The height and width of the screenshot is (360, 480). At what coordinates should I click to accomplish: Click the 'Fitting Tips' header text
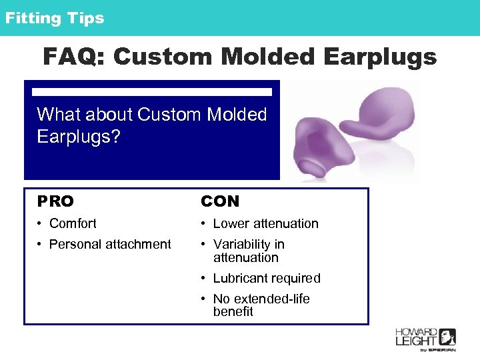(x=55, y=18)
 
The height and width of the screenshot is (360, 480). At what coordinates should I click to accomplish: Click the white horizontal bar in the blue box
(x=152, y=91)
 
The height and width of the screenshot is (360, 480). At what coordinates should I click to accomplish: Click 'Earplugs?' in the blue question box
(x=79, y=137)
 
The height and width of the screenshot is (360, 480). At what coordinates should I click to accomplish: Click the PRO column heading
(x=56, y=201)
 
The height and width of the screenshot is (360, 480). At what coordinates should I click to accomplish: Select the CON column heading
(x=220, y=201)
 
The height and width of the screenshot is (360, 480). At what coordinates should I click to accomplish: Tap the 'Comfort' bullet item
(x=73, y=223)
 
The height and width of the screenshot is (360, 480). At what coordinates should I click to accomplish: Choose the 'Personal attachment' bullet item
(x=110, y=244)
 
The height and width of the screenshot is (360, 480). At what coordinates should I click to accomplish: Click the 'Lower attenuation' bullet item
(x=265, y=223)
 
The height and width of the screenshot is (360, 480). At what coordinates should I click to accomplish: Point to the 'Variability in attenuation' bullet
(x=249, y=251)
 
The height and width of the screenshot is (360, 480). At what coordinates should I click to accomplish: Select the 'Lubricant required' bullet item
(x=267, y=278)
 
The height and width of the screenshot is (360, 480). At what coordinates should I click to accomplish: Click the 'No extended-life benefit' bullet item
(x=261, y=305)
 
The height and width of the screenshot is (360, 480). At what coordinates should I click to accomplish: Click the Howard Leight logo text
(x=417, y=337)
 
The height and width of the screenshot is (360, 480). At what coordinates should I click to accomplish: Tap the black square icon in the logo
(x=447, y=337)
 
